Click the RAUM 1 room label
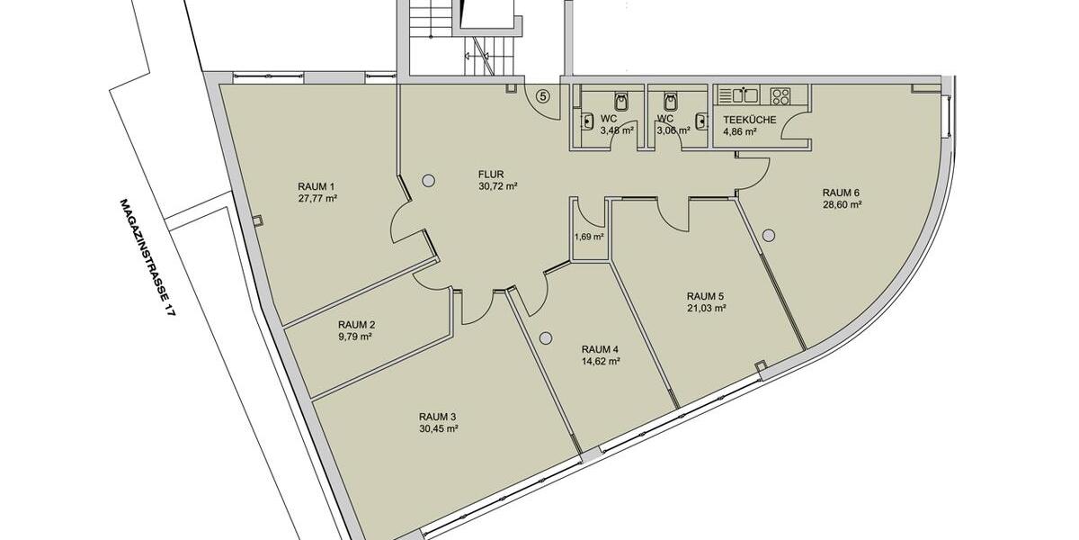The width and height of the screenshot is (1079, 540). click(x=316, y=186)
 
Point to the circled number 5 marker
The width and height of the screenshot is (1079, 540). click(x=542, y=94)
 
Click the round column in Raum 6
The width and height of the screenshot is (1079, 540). click(x=768, y=236)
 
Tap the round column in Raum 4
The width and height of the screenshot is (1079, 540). click(x=545, y=338)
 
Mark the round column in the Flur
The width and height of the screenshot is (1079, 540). click(x=428, y=179)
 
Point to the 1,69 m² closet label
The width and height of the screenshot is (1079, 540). click(x=589, y=237)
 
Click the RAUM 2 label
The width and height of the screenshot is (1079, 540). click(x=356, y=325)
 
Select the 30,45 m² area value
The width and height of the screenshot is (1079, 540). click(x=438, y=428)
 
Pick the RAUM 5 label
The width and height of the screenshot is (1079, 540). click(x=705, y=296)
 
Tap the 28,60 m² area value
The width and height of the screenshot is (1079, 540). click(x=842, y=204)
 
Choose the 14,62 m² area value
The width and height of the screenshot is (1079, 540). click(x=601, y=362)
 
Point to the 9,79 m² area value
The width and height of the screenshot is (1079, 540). click(x=356, y=337)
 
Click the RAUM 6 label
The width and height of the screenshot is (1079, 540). click(x=842, y=193)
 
